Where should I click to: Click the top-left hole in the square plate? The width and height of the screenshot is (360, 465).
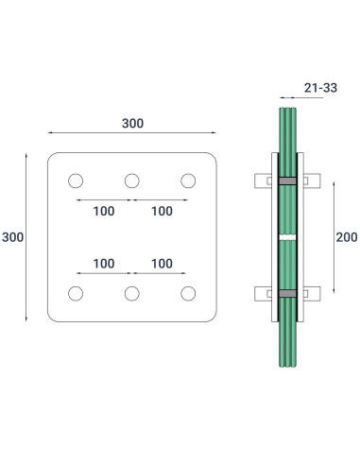(75, 181)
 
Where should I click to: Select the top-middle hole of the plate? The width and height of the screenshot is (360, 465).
(131, 181)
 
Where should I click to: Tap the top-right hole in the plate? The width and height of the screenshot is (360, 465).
(188, 181)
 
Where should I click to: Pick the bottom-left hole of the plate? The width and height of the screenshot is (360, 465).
(75, 293)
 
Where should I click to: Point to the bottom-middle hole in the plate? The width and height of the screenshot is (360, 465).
(131, 293)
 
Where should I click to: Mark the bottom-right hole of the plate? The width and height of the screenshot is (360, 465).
(188, 293)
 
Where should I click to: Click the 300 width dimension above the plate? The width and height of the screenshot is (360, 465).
(132, 123)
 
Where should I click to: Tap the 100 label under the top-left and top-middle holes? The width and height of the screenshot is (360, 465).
(104, 211)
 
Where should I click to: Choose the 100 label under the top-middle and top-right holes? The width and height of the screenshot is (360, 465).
(161, 211)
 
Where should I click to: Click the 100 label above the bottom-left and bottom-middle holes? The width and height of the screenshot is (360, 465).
(104, 262)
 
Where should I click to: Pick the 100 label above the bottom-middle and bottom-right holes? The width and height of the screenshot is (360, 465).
(161, 262)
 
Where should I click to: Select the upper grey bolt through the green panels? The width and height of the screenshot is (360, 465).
(286, 180)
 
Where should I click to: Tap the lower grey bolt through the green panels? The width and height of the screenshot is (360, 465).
(286, 293)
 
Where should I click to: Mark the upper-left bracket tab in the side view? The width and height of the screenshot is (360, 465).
(261, 180)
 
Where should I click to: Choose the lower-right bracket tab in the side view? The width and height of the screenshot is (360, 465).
(312, 293)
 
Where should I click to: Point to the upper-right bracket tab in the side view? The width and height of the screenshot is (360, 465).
(312, 180)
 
